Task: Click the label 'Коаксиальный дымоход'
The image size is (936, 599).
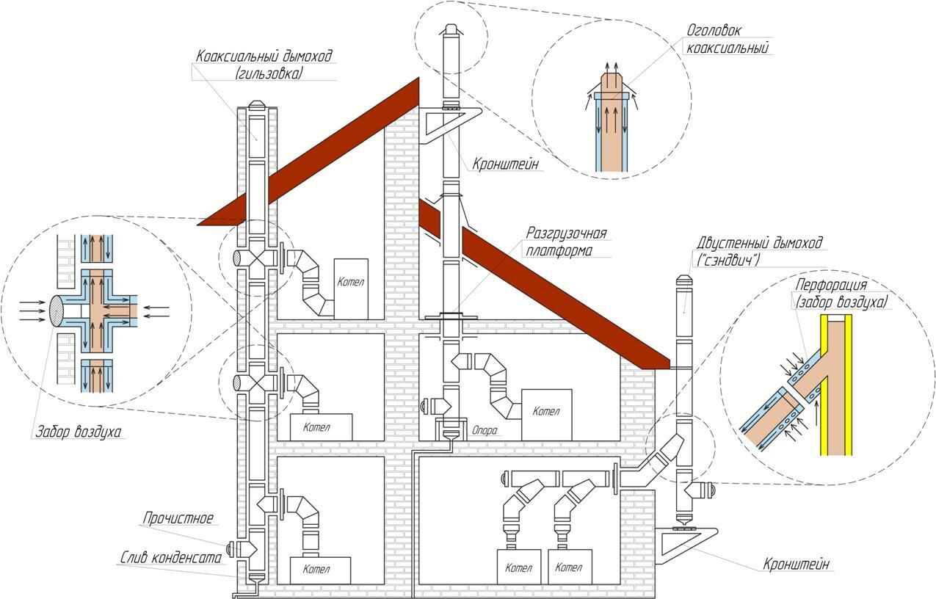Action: (x=264, y=57)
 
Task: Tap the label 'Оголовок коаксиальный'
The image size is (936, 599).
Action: (x=726, y=40)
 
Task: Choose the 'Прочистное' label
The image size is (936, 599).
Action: (x=178, y=519)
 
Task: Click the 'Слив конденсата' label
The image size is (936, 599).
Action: (x=170, y=558)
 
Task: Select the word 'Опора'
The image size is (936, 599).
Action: (x=486, y=432)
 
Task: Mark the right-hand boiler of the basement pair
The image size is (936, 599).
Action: (x=568, y=567)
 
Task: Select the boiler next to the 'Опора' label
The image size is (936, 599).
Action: (x=546, y=413)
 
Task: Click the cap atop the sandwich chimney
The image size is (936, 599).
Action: (x=683, y=281)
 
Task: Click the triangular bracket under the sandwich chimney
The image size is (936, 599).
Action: (x=683, y=543)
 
